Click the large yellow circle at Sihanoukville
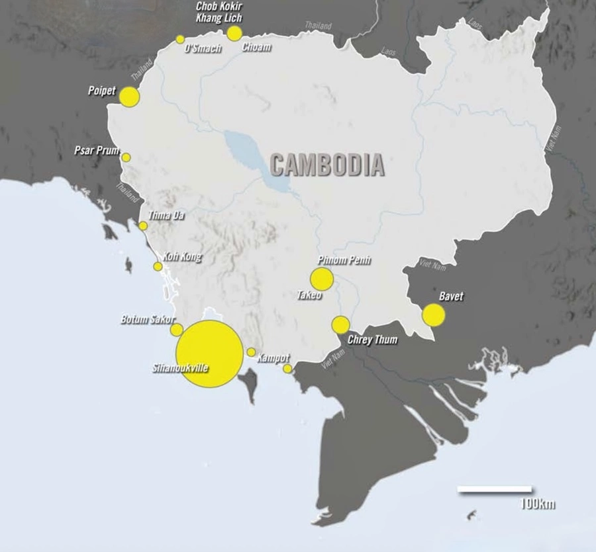(x=209, y=354)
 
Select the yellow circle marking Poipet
(x=130, y=97)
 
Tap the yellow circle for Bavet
(x=433, y=315)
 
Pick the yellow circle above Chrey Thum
(x=340, y=325)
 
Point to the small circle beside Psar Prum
(x=126, y=157)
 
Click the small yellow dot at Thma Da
(x=143, y=226)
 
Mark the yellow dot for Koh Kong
(x=158, y=266)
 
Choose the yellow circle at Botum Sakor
(x=177, y=329)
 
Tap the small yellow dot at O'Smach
(x=180, y=39)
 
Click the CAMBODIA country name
(x=327, y=165)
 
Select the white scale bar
(x=494, y=490)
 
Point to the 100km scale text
(x=537, y=504)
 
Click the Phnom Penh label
(x=344, y=260)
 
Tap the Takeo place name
(x=309, y=296)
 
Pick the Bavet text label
(x=451, y=297)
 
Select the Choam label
(x=256, y=48)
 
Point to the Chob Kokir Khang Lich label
(x=219, y=12)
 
